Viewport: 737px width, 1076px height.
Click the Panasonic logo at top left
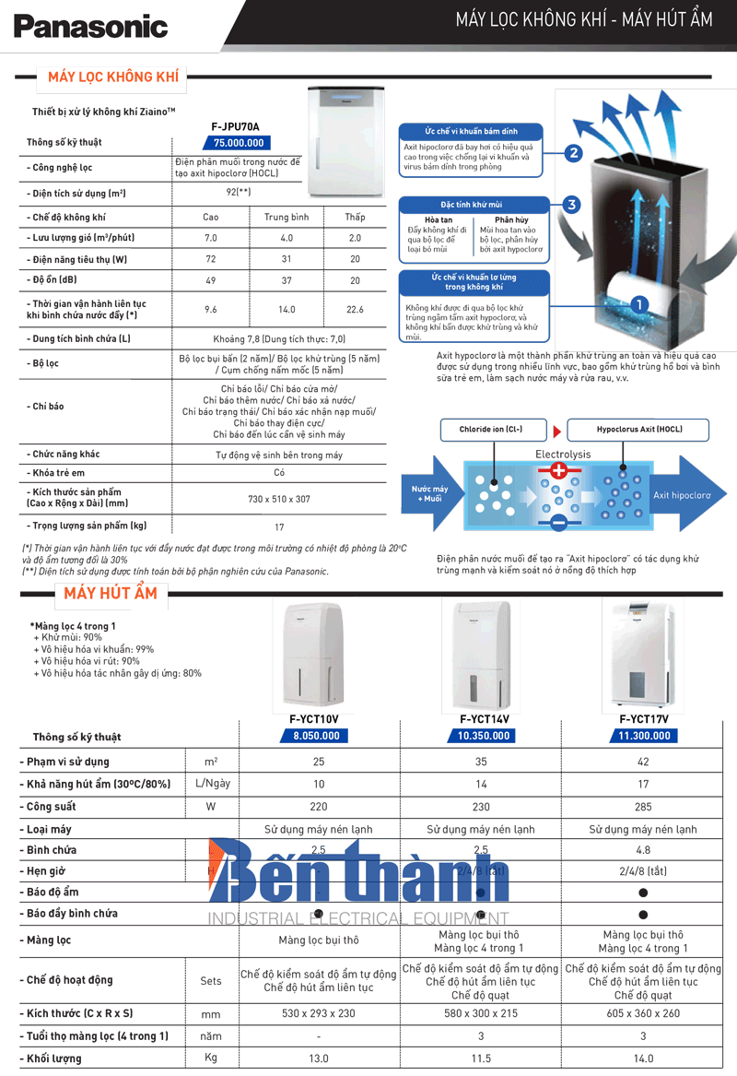[90, 27]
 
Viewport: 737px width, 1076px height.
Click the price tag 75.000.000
[239, 143]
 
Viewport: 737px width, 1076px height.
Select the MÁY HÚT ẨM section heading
[111, 593]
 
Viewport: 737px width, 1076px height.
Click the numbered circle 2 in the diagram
[573, 154]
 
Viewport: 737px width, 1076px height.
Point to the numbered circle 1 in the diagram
[638, 302]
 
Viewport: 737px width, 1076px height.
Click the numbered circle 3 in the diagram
[571, 205]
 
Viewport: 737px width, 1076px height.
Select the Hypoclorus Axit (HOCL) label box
[638, 430]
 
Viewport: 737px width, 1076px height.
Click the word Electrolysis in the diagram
[563, 455]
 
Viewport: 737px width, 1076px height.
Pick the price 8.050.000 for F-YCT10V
[316, 736]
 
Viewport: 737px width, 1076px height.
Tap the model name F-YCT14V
[484, 719]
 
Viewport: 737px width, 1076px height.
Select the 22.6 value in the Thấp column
[355, 310]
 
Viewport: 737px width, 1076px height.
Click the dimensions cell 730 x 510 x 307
[279, 499]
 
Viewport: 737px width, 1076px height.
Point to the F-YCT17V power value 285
[643, 806]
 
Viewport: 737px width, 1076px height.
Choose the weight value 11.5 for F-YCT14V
[480, 1058]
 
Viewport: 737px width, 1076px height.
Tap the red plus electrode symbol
[558, 471]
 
